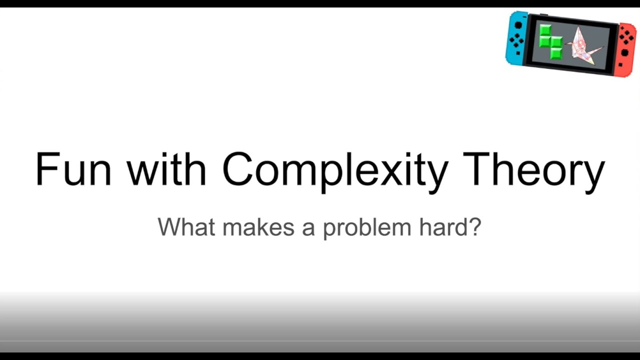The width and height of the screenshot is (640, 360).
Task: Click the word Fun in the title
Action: pos(73,169)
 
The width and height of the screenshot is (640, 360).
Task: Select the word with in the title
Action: pos(166,169)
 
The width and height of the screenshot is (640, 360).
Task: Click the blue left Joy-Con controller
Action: pos(517,39)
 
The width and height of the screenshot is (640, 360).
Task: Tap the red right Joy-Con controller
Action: pos(625,48)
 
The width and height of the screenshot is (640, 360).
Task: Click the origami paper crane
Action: pos(584,46)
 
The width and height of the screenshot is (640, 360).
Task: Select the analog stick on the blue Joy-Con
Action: pos(518,25)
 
